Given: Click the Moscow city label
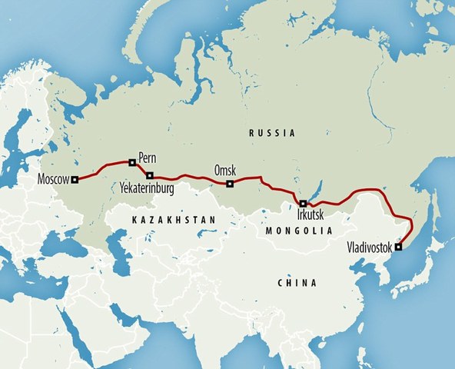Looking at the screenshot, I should click(x=52, y=181).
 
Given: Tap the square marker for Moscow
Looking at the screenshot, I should click(x=75, y=181).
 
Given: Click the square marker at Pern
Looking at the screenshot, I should click(x=132, y=162).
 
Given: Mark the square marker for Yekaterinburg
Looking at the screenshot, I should click(x=150, y=175).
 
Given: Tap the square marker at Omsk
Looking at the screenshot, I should click(x=230, y=184).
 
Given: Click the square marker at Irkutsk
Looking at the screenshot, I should click(x=303, y=204).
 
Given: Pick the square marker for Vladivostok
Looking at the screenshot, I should click(x=397, y=248).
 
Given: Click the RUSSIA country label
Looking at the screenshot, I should click(x=273, y=134).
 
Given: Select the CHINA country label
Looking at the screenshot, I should click(x=296, y=283).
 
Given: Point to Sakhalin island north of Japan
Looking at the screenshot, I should click(x=433, y=208).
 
